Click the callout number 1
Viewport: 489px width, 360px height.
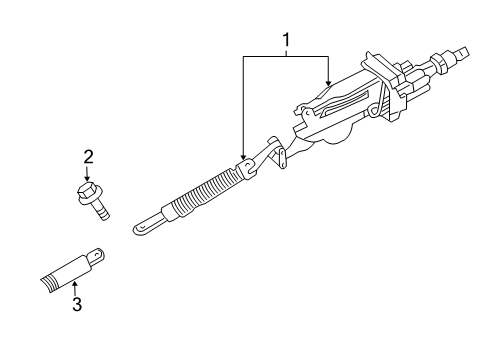287,41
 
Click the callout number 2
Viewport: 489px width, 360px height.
88,156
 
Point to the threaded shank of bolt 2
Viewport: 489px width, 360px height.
103,209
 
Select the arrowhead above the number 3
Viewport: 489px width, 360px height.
74,280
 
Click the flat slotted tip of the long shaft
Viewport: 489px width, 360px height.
145,225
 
